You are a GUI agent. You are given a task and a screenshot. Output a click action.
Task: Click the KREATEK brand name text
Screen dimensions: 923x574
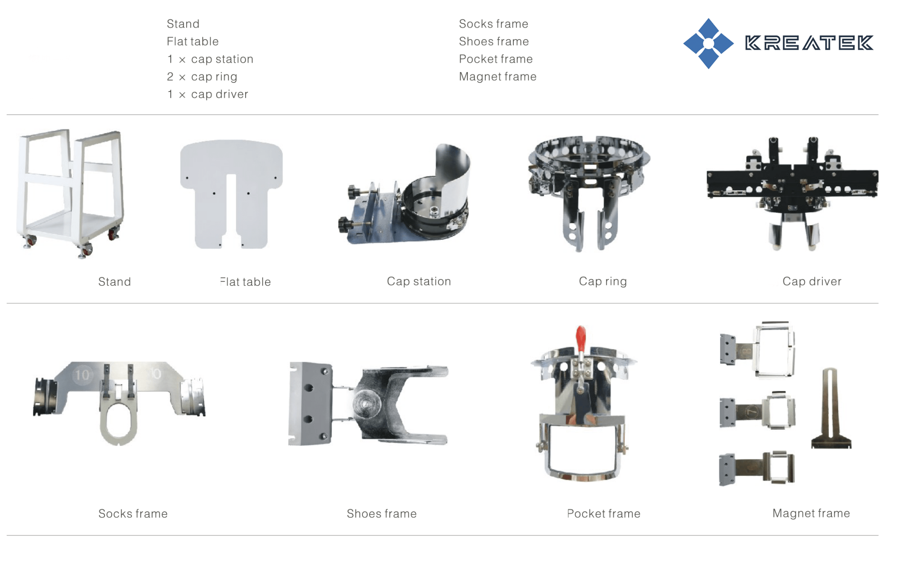click(809, 43)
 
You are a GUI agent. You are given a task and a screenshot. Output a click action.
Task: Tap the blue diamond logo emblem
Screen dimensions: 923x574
click(708, 43)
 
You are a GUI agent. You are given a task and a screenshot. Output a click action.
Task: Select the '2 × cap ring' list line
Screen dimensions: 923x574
click(202, 77)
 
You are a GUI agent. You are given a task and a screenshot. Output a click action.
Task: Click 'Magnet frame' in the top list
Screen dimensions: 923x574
click(498, 77)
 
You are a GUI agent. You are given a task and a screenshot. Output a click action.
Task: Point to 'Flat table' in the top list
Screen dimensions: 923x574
click(192, 41)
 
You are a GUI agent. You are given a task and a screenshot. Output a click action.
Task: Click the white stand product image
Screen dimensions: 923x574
click(70, 194)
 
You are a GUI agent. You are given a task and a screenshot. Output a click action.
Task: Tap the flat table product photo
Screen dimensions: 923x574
click(231, 194)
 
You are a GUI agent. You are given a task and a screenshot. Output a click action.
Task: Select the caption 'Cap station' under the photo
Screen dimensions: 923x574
click(419, 281)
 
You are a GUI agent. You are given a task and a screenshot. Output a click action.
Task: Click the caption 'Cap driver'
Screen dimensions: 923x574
click(812, 281)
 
